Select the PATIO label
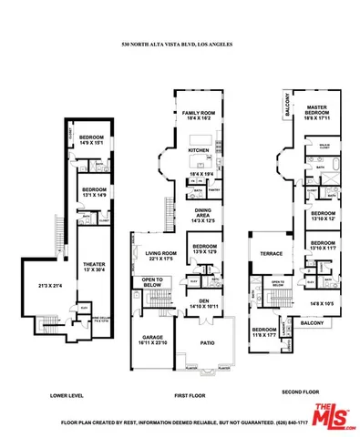pyautogui.click(x=207, y=342)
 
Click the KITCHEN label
pyautogui.click(x=199, y=151)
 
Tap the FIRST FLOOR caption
pyautogui.click(x=192, y=396)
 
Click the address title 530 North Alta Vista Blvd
pyautogui.click(x=179, y=45)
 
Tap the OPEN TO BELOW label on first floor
pyautogui.click(x=152, y=281)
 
